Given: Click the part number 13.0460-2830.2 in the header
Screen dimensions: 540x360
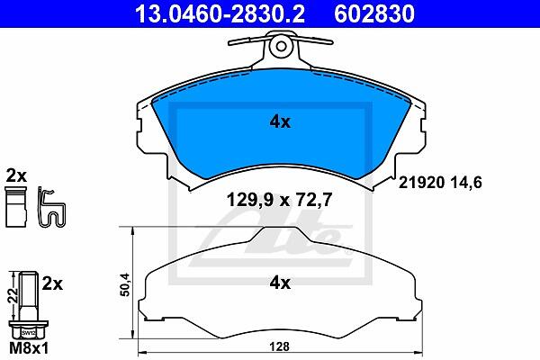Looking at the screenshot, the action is point(220,13).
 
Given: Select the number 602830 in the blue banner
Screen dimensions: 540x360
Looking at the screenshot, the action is point(374,13).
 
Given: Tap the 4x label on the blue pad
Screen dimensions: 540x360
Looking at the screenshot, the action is point(280,122).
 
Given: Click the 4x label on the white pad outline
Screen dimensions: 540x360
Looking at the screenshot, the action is point(280,283).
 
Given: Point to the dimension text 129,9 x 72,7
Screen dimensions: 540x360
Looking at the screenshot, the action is point(279,200).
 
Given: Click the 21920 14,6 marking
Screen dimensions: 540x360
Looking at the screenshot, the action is point(440,182).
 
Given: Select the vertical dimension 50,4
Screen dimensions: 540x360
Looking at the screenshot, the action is point(125,284).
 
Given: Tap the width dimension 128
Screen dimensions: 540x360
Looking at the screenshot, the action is point(279,346).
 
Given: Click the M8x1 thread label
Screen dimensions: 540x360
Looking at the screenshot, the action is point(29,348).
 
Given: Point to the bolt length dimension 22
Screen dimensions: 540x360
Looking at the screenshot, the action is point(14,295).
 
